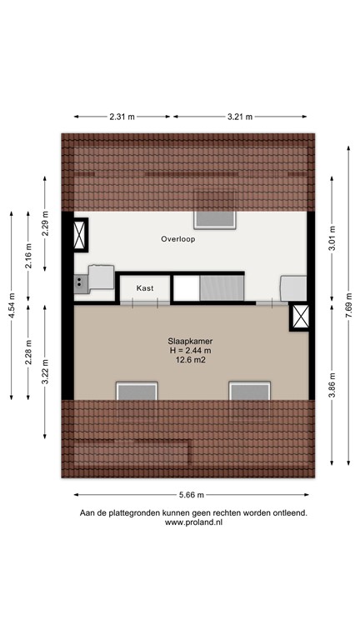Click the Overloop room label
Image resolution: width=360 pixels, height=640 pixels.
178,239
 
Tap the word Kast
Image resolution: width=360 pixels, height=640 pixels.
145,287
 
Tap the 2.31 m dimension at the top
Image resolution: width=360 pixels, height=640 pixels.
122,117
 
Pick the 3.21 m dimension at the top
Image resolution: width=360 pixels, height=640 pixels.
241,117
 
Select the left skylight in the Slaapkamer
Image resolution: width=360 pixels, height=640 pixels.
136,391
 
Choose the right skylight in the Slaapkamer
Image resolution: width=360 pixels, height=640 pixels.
250,391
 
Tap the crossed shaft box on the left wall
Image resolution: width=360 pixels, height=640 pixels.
81,235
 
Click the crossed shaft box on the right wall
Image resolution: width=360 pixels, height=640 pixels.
301,317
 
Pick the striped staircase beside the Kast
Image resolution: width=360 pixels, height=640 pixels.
221,288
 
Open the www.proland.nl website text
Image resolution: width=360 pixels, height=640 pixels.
193,522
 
